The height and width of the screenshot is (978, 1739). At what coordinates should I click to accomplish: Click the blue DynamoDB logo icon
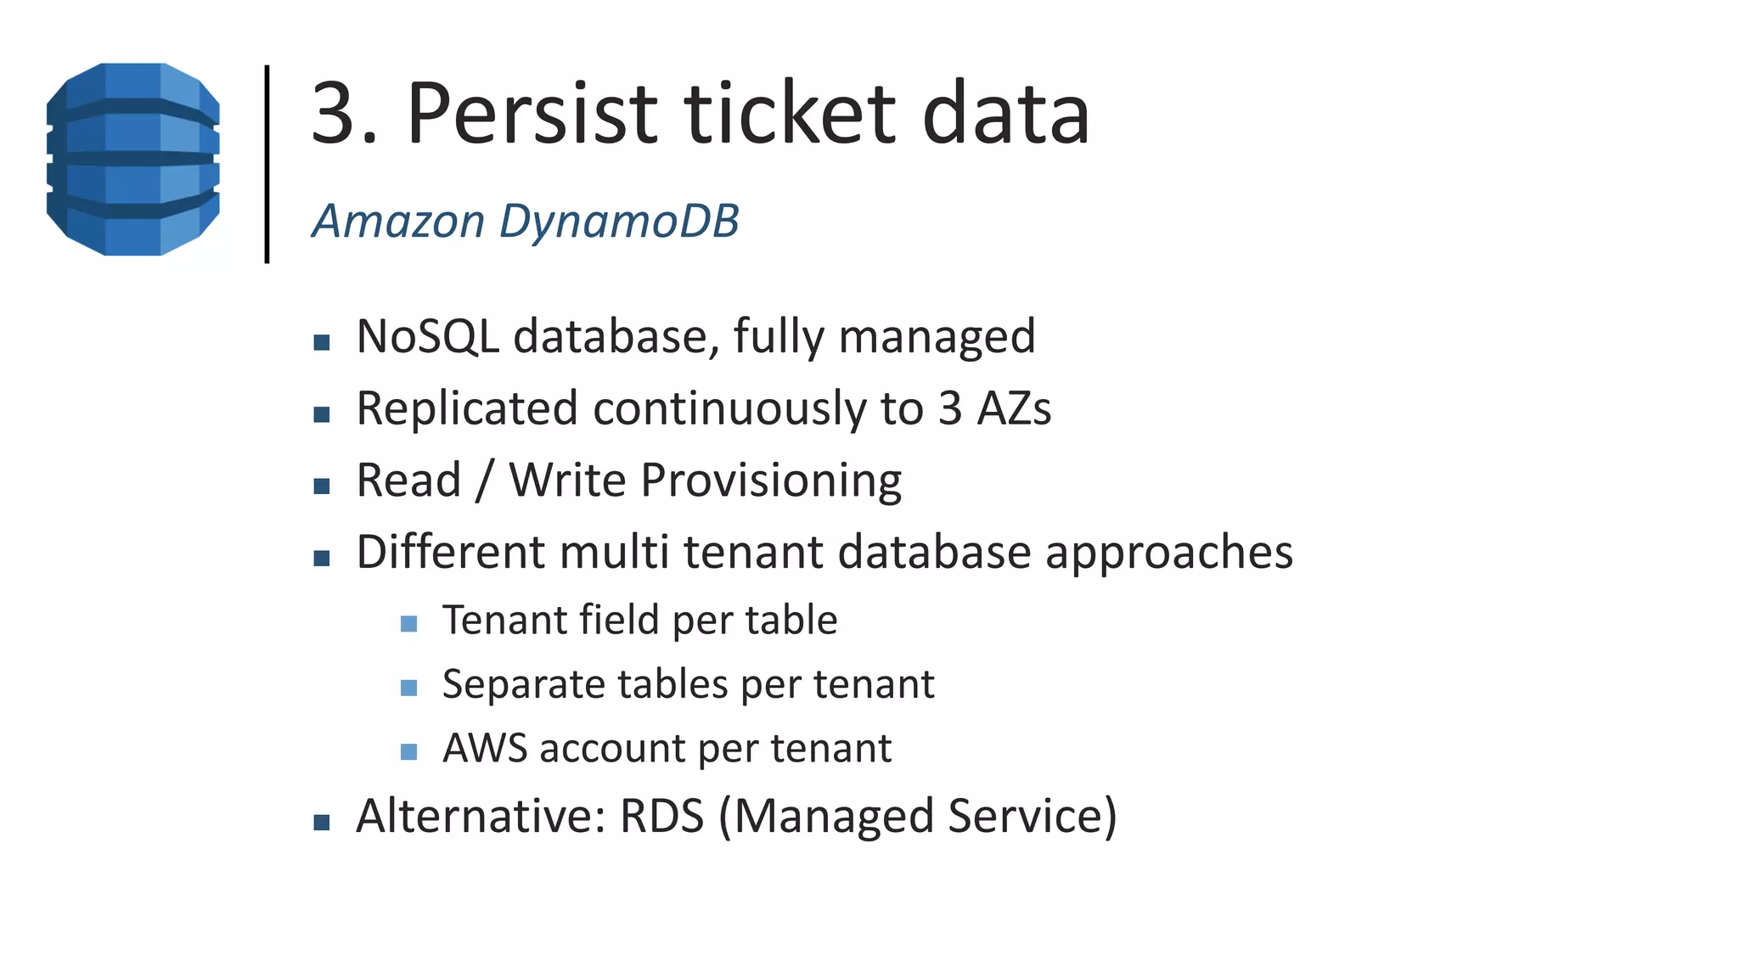133,160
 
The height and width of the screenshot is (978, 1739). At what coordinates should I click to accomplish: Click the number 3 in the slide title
333,113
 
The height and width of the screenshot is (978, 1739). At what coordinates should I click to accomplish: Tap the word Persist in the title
532,113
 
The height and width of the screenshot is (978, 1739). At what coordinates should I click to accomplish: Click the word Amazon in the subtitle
398,222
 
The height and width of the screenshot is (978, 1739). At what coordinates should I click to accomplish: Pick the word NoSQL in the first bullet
427,336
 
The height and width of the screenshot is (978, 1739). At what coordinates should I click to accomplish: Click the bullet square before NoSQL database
321,342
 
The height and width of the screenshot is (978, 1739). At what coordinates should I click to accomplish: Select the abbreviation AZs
1014,408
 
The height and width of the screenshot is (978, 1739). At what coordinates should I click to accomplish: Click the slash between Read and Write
484,481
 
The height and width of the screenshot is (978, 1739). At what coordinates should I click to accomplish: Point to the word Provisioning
771,481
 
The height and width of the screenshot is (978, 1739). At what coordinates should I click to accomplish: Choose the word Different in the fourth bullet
451,553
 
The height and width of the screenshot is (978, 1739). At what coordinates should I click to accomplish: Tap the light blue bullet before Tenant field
408,625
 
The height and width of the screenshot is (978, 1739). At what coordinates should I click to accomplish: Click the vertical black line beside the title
267,164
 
